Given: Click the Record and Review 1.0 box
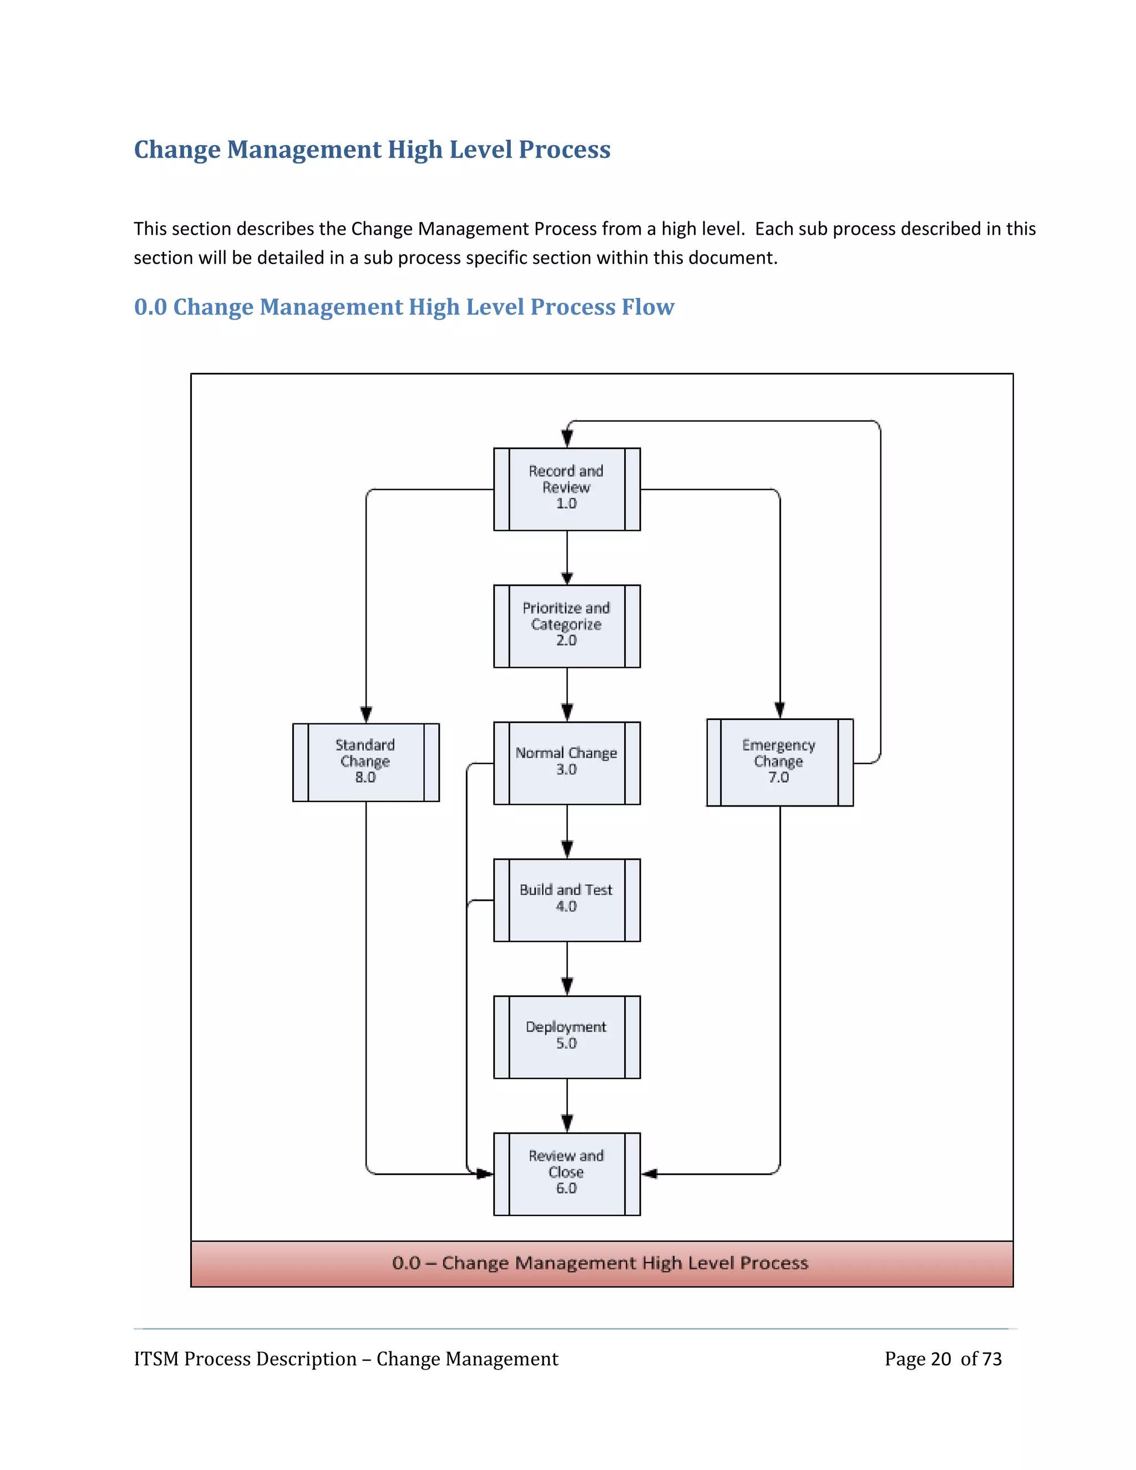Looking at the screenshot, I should click(x=567, y=489).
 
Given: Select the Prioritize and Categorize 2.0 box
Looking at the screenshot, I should click(x=567, y=625).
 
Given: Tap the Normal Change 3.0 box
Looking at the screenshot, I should click(x=567, y=763).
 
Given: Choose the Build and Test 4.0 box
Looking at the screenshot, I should click(x=567, y=899).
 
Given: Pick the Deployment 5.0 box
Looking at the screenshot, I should click(x=567, y=1037).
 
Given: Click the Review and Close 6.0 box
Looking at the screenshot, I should click(x=567, y=1173).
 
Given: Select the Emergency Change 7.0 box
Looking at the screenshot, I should click(x=779, y=762).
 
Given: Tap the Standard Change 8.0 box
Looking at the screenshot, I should click(x=366, y=762).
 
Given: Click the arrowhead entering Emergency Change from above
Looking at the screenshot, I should click(x=779, y=710).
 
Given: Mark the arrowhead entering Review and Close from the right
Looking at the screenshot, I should click(x=650, y=1173).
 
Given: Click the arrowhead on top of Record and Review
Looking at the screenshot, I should click(x=567, y=439).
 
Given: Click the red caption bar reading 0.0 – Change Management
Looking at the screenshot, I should click(x=601, y=1263).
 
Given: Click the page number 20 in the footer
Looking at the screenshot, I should click(x=941, y=1359).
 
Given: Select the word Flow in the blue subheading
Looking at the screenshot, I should click(x=647, y=307).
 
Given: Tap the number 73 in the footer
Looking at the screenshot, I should click(x=991, y=1359).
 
